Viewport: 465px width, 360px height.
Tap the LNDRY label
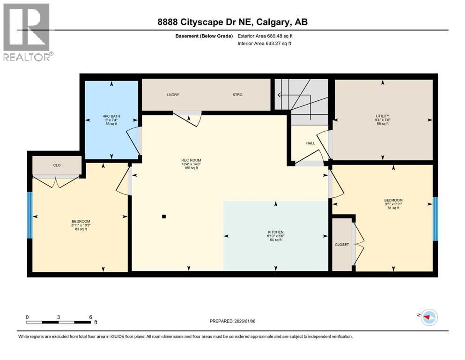pyautogui.click(x=173, y=95)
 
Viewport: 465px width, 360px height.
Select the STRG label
pyautogui.click(x=237, y=95)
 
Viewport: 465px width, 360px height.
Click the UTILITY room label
pyautogui.click(x=382, y=116)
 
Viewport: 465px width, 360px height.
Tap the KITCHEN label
pyautogui.click(x=276, y=232)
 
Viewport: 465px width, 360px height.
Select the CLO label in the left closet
pyautogui.click(x=57, y=165)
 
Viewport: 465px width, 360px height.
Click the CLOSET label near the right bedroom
pyautogui.click(x=342, y=245)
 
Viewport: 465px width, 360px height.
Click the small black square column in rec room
pyautogui.click(x=164, y=217)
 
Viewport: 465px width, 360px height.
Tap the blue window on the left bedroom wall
pyautogui.click(x=30, y=215)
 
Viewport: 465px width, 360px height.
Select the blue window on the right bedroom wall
pyautogui.click(x=435, y=219)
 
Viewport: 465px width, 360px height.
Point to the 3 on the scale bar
pyautogui.click(x=59, y=317)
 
